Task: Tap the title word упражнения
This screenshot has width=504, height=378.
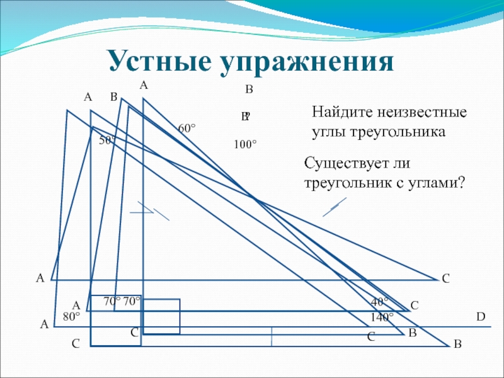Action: (307, 62)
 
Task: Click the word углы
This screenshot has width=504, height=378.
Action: (329, 133)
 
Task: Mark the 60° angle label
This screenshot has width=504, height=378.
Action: (186, 128)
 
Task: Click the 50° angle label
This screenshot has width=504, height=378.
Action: (108, 140)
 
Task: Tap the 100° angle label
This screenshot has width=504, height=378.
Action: (245, 145)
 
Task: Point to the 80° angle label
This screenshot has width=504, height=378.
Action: (71, 316)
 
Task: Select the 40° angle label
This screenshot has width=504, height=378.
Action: (380, 303)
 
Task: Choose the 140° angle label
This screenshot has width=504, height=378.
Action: (382, 316)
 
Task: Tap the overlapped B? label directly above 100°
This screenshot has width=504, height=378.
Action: (246, 117)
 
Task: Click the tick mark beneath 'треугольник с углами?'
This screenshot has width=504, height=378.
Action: (334, 207)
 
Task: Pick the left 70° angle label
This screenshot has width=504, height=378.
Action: (112, 302)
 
